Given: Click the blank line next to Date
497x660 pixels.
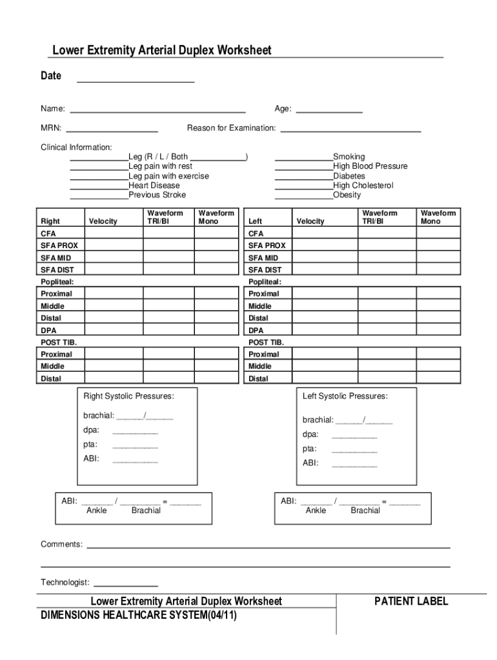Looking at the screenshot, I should (x=136, y=81).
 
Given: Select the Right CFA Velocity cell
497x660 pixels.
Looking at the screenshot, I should (x=114, y=233).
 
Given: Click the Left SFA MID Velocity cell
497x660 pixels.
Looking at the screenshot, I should (x=321, y=258).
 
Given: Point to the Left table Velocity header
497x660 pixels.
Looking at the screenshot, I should (x=310, y=222).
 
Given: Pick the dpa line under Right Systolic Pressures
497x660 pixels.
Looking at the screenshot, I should (x=135, y=431).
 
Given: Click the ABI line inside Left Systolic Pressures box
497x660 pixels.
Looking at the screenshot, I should (x=354, y=464).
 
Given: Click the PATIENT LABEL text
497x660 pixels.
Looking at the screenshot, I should (x=411, y=602).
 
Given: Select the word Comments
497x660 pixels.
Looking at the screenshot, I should (x=61, y=545).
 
